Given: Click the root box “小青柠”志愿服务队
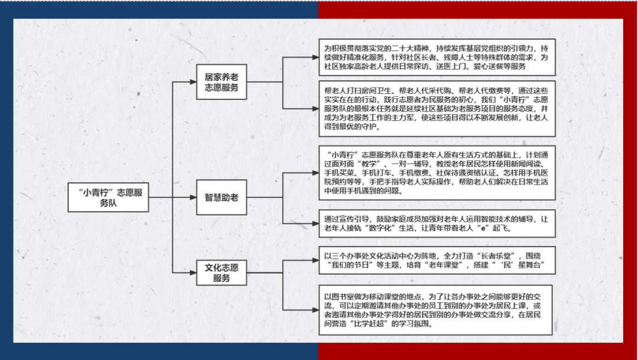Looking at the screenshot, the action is (108, 197).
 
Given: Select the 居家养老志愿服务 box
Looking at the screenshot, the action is (222, 82).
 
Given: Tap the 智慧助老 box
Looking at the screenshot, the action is (222, 197).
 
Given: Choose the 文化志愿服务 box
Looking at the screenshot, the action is (222, 273).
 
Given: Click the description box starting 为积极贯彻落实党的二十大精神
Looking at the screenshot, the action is (437, 57).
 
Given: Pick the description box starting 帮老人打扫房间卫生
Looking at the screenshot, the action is (437, 109).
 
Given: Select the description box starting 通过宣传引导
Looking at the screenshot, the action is (437, 223).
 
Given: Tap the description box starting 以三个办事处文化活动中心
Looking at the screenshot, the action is (437, 260).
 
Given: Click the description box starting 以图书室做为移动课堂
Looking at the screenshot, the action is (435, 310).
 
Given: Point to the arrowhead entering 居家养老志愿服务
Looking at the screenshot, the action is (193, 82).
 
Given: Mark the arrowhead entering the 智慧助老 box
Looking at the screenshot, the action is (193, 197).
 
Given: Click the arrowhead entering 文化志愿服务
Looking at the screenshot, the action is (193, 273).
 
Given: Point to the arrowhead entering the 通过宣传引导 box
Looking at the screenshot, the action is (315, 223).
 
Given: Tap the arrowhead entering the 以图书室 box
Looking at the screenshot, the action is (315, 310).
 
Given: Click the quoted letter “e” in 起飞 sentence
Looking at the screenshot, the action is (483, 228).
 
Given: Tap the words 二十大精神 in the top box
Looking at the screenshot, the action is (408, 48).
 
